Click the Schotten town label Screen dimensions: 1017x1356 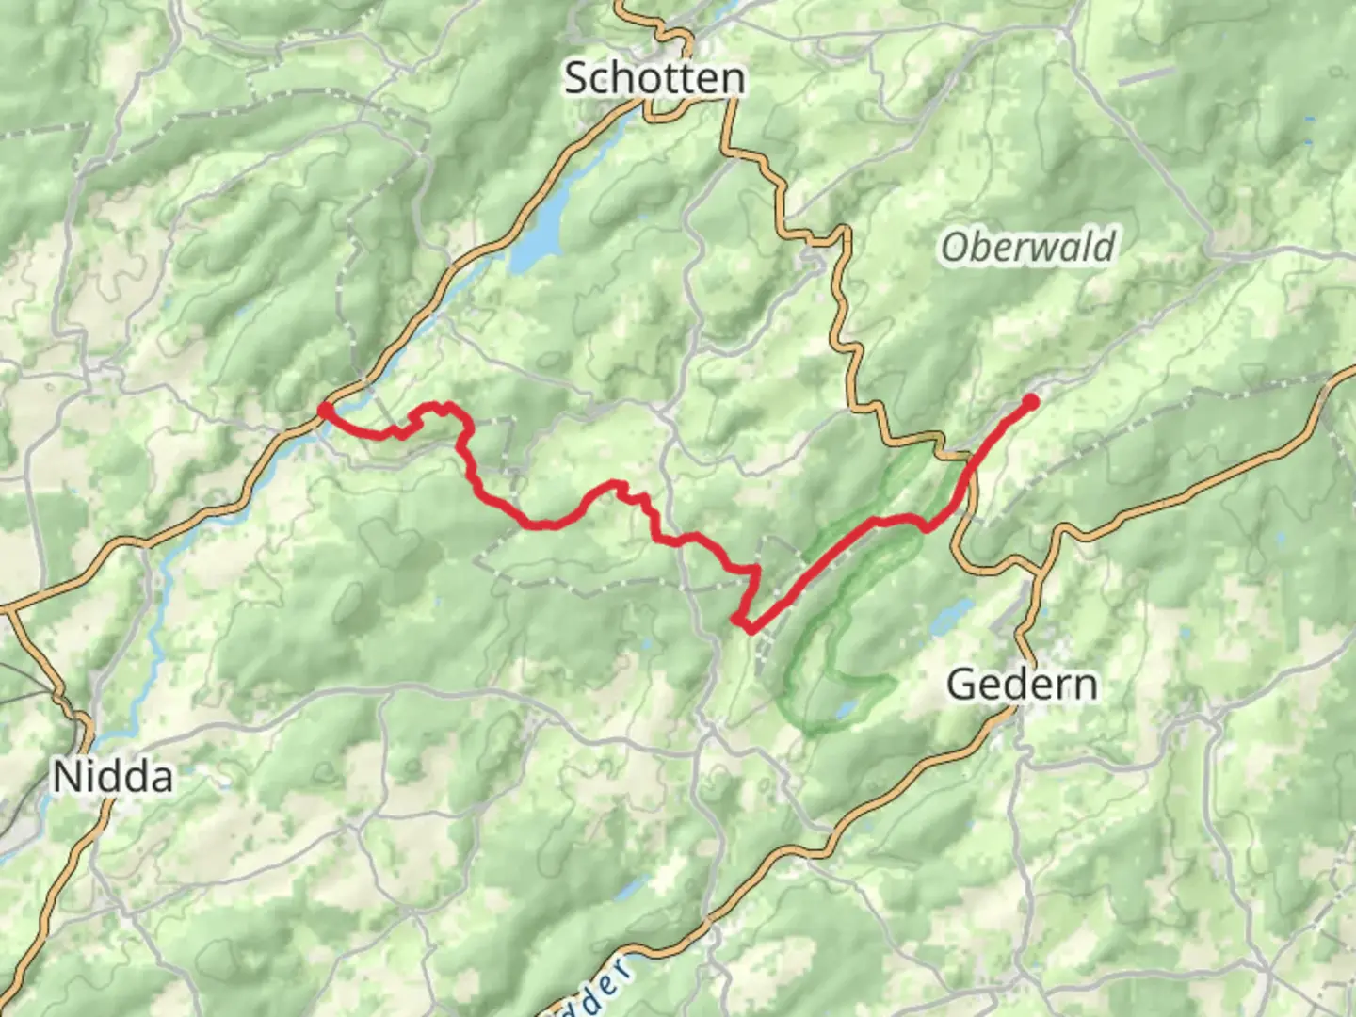coord(654,77)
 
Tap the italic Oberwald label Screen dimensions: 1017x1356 coord(1027,248)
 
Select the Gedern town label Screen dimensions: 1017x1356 coord(1022,684)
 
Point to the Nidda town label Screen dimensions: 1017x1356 coord(113,778)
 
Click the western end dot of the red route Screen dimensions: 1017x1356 coord(324,409)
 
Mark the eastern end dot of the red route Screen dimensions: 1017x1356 coord(1030,402)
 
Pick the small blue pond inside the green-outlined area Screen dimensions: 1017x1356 coord(847,707)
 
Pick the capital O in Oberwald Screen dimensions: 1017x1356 coord(954,249)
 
